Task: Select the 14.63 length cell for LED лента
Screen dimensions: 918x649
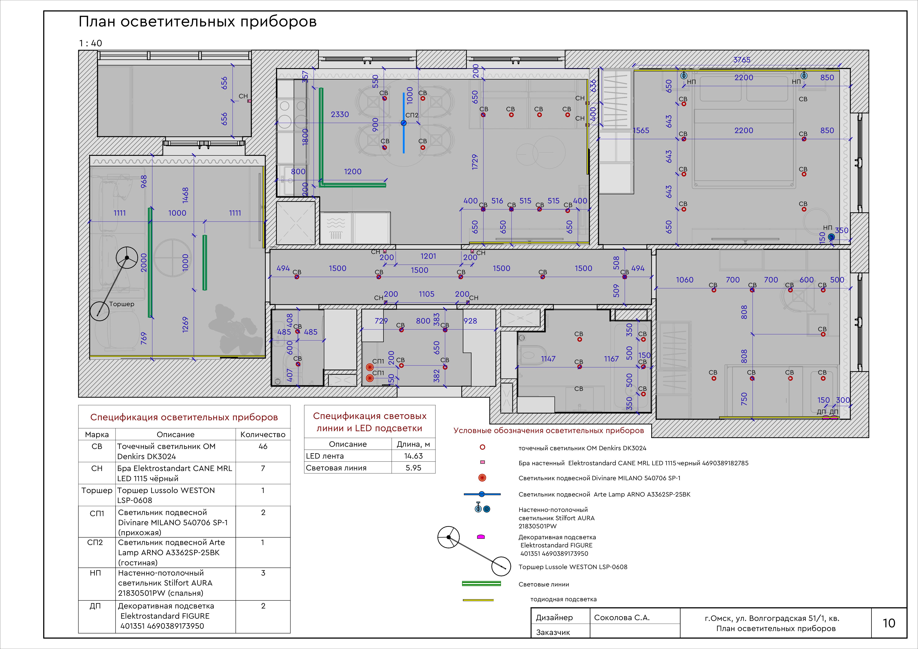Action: (413, 456)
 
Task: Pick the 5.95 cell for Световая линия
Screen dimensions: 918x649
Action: (413, 468)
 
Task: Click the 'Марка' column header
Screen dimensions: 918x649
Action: (97, 435)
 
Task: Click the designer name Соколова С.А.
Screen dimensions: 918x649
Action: (622, 617)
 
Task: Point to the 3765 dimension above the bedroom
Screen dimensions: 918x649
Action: (742, 60)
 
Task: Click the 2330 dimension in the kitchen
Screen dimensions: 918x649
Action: (340, 114)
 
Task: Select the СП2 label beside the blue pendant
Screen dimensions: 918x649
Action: (412, 115)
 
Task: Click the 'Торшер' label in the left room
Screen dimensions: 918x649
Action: (122, 304)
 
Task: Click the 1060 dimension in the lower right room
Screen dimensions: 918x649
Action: (684, 280)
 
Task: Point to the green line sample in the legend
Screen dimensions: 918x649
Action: (481, 584)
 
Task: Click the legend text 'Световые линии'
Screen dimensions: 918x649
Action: (544, 585)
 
